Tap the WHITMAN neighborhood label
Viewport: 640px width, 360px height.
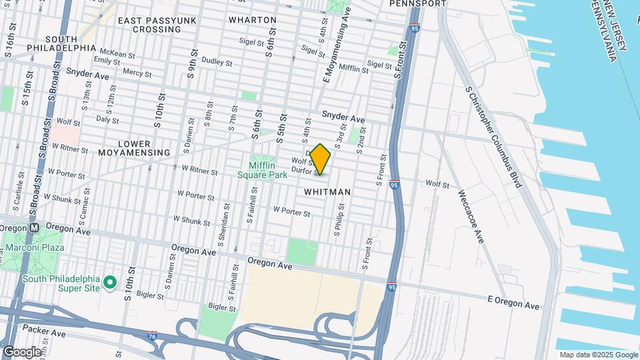pos(327,191)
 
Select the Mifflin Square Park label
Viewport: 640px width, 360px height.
pos(263,170)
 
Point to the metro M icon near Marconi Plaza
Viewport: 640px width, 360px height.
pos(35,227)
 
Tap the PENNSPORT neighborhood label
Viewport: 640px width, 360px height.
pos(417,3)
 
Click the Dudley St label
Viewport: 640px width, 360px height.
pos(216,63)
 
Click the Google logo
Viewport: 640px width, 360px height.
pos(21,351)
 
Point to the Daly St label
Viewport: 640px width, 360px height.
pos(107,120)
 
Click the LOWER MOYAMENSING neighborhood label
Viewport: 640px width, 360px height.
pos(134,148)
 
